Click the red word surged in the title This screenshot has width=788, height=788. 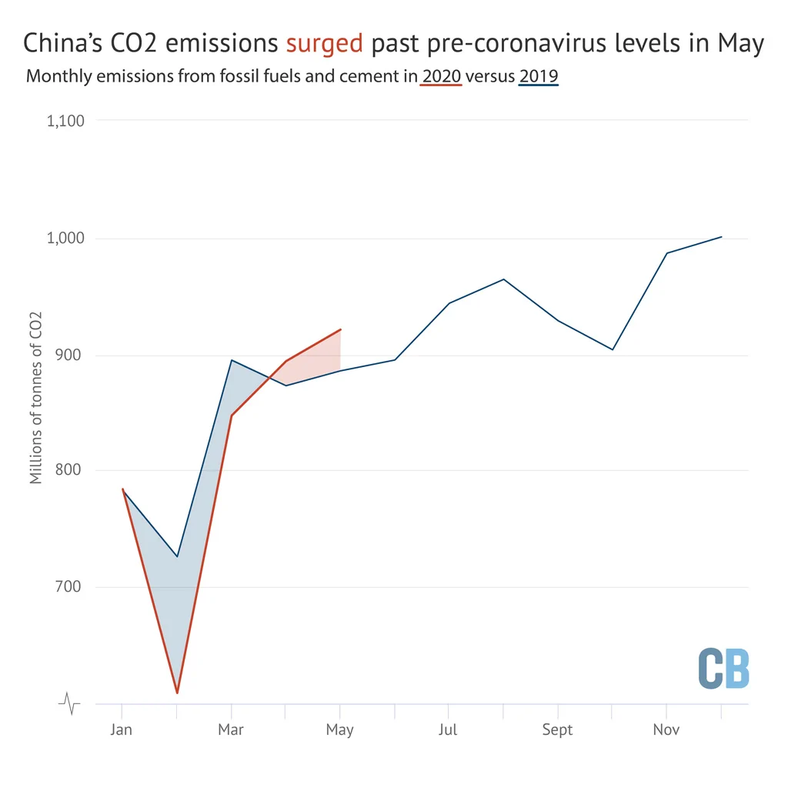pyautogui.click(x=324, y=44)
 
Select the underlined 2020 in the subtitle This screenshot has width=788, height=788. pyautogui.click(x=441, y=76)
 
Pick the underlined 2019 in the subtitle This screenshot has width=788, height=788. pyautogui.click(x=539, y=76)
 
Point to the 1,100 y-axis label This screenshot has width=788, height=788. pyautogui.click(x=65, y=121)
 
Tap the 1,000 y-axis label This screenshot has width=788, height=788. pyautogui.click(x=65, y=239)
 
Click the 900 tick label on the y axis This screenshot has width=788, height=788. pyautogui.click(x=68, y=355)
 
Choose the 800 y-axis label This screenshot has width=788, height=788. pyautogui.click(x=68, y=470)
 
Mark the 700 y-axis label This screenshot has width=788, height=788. pyautogui.click(x=68, y=586)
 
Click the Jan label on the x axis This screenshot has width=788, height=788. pyautogui.click(x=121, y=730)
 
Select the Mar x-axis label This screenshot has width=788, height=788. pyautogui.click(x=231, y=730)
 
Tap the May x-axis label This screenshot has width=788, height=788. pyautogui.click(x=339, y=730)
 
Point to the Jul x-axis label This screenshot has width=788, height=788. pyautogui.click(x=448, y=730)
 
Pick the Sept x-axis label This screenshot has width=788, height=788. pyautogui.click(x=557, y=730)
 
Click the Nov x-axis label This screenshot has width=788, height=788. pyautogui.click(x=666, y=730)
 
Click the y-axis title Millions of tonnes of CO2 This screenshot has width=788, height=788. pyautogui.click(x=35, y=398)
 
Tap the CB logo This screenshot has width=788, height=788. pyautogui.click(x=723, y=669)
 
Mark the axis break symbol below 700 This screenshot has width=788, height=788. pyautogui.click(x=69, y=703)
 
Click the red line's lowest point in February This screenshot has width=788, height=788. pyautogui.click(x=177, y=693)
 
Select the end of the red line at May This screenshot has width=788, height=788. pyautogui.click(x=341, y=329)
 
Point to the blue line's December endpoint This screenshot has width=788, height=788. pyautogui.click(x=721, y=237)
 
